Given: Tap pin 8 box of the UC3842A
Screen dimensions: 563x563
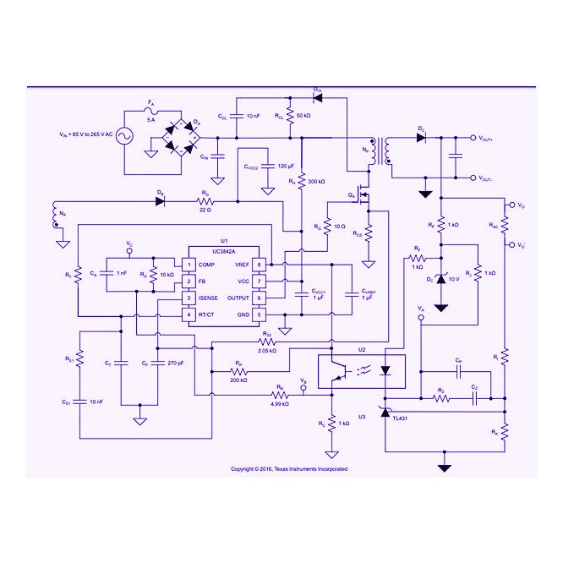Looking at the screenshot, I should (x=260, y=265).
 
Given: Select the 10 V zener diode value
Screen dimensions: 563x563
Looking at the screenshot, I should (x=453, y=278).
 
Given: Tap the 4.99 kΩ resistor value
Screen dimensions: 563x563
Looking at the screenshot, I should (x=279, y=404).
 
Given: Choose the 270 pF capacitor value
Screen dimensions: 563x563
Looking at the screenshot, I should (x=175, y=363).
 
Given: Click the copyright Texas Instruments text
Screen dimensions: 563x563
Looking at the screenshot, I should (x=289, y=468).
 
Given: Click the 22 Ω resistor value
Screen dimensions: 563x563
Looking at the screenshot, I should (x=205, y=210).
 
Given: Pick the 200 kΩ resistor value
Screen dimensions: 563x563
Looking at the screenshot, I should (x=239, y=380).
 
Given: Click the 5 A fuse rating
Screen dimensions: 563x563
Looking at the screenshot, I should (x=151, y=121).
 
